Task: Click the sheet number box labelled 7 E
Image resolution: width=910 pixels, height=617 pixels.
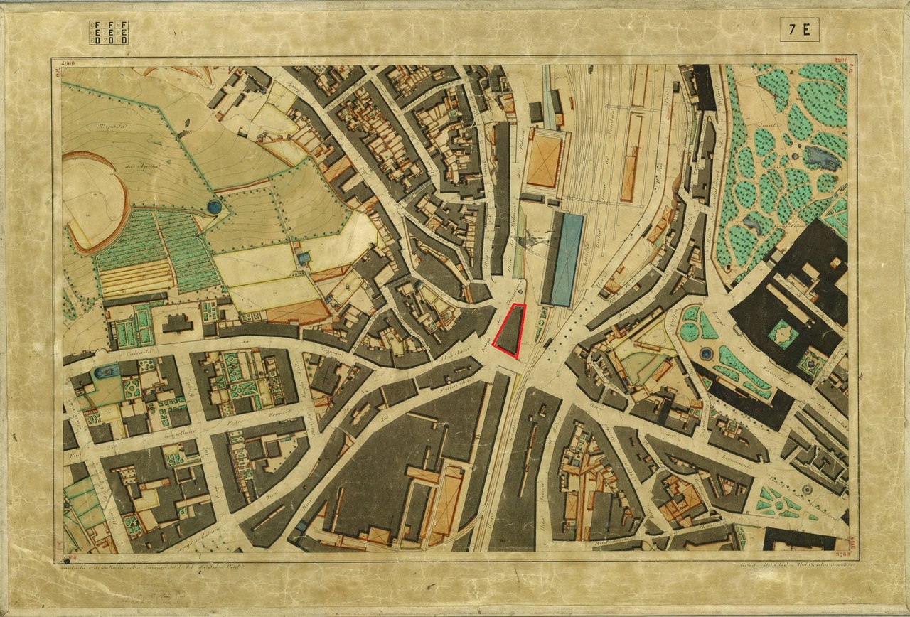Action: pos(799,30)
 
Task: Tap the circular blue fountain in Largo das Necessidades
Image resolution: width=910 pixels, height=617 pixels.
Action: pos(706,353)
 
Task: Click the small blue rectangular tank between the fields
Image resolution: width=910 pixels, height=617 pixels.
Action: pos(304,257)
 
